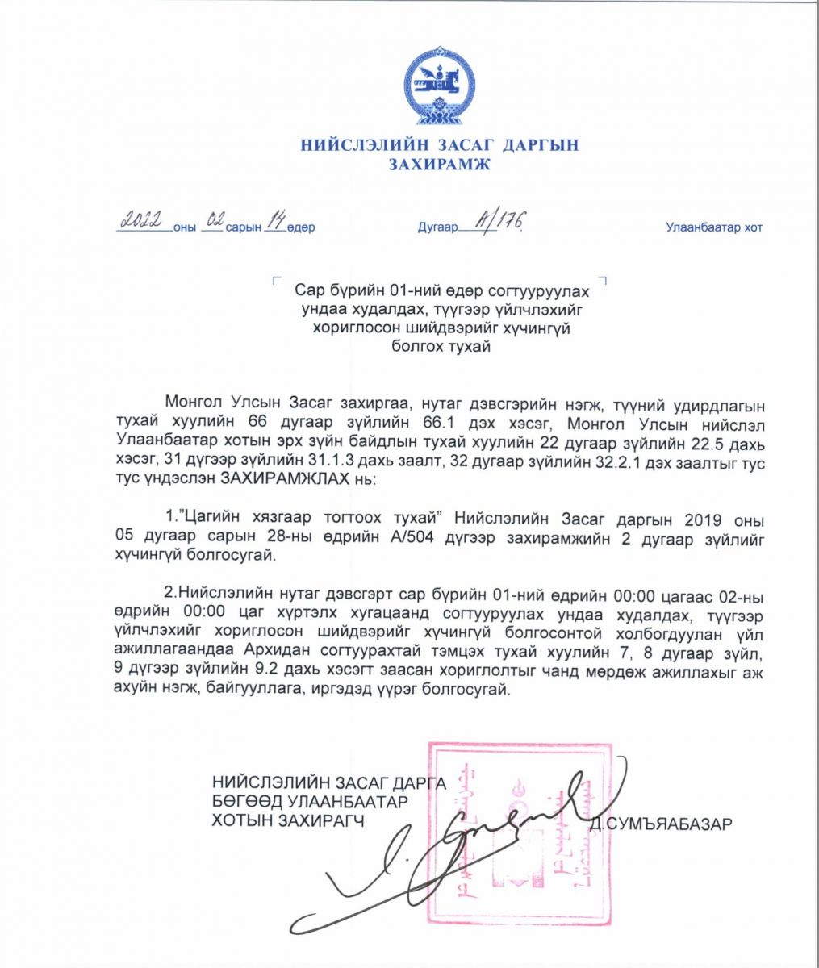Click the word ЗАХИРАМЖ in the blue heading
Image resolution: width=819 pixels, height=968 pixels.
(x=440, y=165)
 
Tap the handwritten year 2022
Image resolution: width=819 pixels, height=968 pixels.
(x=143, y=220)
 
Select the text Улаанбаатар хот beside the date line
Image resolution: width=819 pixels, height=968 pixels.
(x=713, y=227)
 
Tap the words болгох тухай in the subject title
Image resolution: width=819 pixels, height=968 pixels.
(x=440, y=346)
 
